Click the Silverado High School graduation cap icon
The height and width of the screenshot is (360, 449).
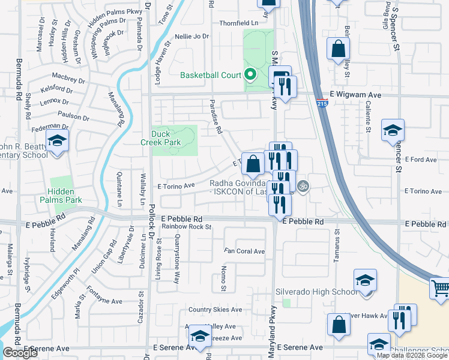click(364, 281)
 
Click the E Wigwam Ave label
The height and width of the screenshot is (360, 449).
click(356, 95)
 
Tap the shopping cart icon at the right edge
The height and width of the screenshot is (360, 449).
click(440, 289)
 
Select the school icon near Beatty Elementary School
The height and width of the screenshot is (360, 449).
click(57, 141)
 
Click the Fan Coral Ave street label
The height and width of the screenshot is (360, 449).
click(244, 251)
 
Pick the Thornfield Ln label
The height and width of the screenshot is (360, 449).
click(238, 23)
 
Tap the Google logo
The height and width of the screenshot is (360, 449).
click(19, 353)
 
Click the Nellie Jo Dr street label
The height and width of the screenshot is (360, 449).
click(193, 36)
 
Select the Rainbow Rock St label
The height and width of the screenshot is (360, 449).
click(186, 227)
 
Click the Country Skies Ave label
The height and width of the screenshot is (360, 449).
click(217, 310)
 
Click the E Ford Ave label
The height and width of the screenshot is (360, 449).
click(421, 160)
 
